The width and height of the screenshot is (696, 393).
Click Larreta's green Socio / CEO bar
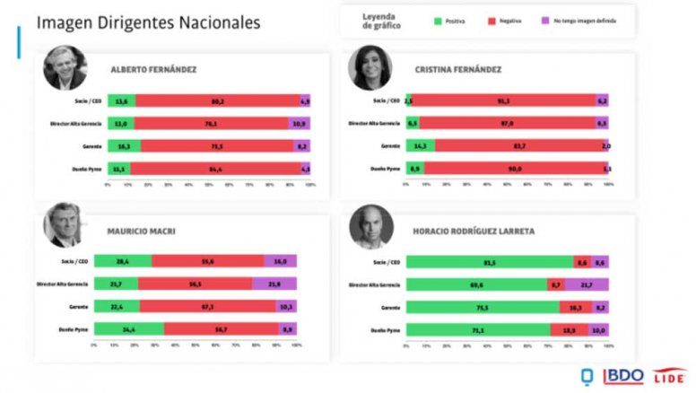pyautogui.click(x=489, y=261)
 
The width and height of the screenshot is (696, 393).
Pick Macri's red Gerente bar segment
pyautogui.click(x=207, y=306)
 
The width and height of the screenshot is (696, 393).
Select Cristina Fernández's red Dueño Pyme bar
pyautogui.click(x=510, y=168)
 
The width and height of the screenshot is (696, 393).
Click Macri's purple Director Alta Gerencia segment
pyautogui.click(x=274, y=284)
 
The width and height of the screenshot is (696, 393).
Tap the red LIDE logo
pyautogui.click(x=668, y=375)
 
